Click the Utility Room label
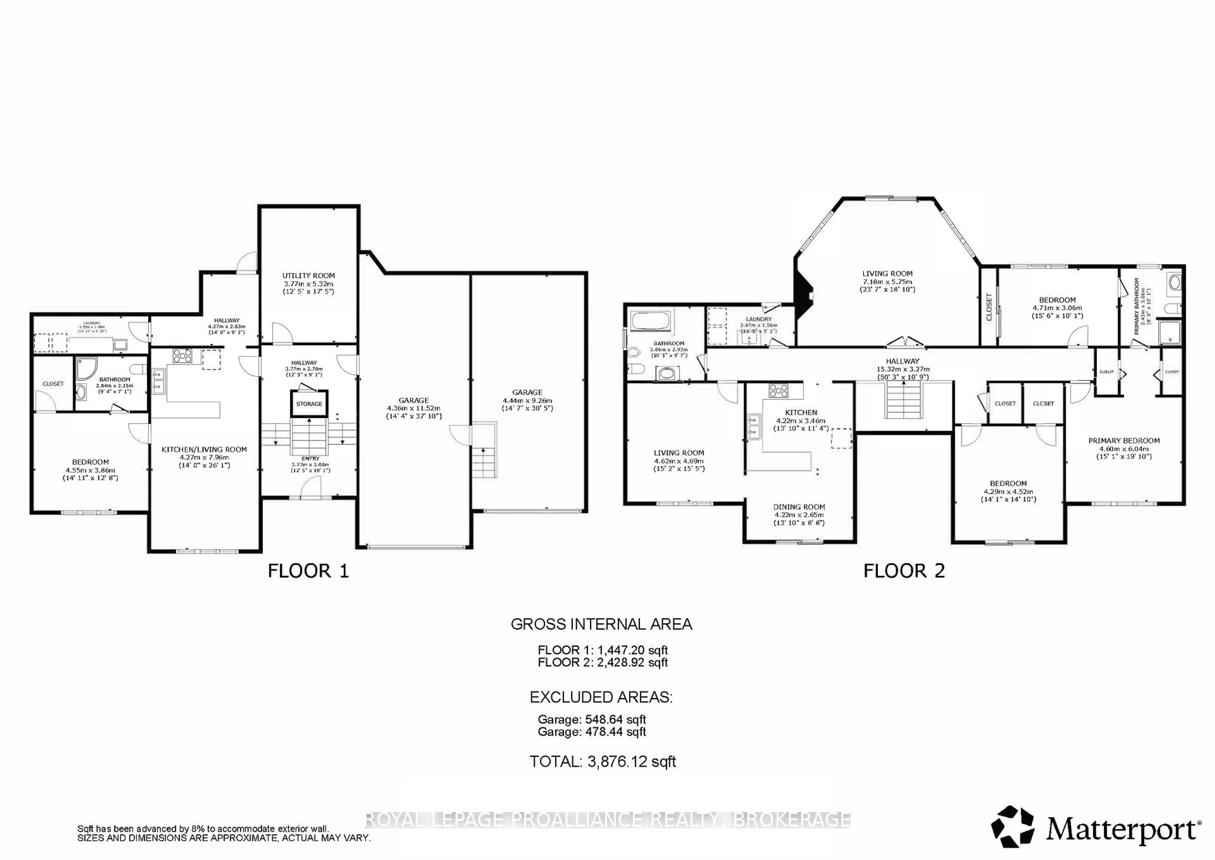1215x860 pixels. [x=308, y=275]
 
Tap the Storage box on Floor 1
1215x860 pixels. [x=309, y=403]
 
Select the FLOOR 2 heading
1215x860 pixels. [x=904, y=571]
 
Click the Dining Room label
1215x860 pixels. [x=799, y=507]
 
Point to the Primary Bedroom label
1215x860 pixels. [x=1124, y=440]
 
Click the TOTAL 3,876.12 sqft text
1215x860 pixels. [x=603, y=762]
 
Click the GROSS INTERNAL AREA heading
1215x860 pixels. [x=601, y=624]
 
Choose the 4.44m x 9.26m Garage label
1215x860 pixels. [x=527, y=400]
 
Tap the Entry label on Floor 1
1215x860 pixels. [x=310, y=458]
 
